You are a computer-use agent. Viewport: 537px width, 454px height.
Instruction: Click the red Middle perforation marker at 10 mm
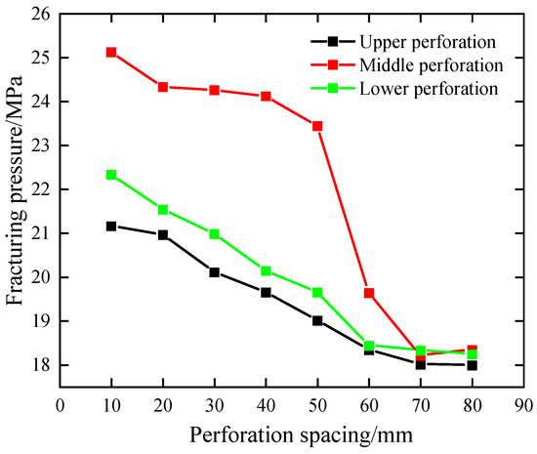pyautogui.click(x=111, y=52)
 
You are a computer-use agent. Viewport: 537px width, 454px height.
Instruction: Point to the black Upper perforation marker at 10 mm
pyautogui.click(x=111, y=226)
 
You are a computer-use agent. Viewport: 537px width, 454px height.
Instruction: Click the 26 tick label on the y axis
pyautogui.click(x=39, y=14)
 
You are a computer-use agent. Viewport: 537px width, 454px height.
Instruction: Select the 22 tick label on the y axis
pyautogui.click(x=39, y=189)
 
